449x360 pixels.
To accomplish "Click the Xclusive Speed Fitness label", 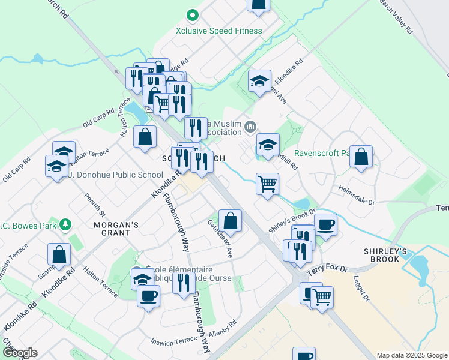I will coord(218,31).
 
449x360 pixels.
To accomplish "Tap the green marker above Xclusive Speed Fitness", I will coord(193,14).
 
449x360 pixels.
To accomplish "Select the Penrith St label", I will coord(95,205).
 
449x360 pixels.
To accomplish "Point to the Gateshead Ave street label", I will coord(220,238).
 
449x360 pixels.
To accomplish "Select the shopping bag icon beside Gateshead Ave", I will coord(230,221).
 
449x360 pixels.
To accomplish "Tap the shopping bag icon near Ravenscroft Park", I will coord(361,157).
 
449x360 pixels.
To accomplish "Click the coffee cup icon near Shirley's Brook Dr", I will coord(325,224).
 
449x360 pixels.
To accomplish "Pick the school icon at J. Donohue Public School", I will coord(56,166).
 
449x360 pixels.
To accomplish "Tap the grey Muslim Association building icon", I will coord(250,127).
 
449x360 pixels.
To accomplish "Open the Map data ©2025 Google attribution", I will coord(411,355).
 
